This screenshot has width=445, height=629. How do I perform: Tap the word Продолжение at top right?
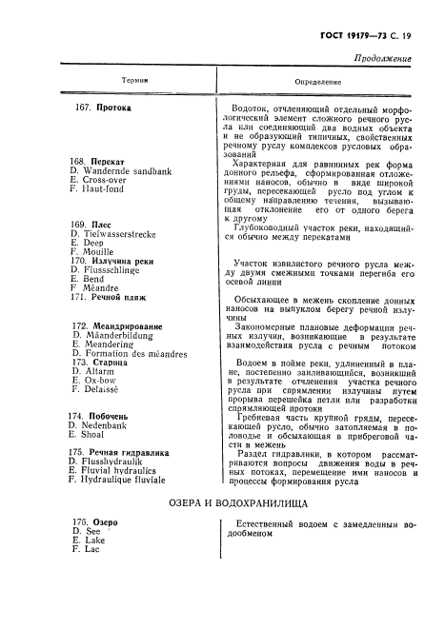click(382, 59)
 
